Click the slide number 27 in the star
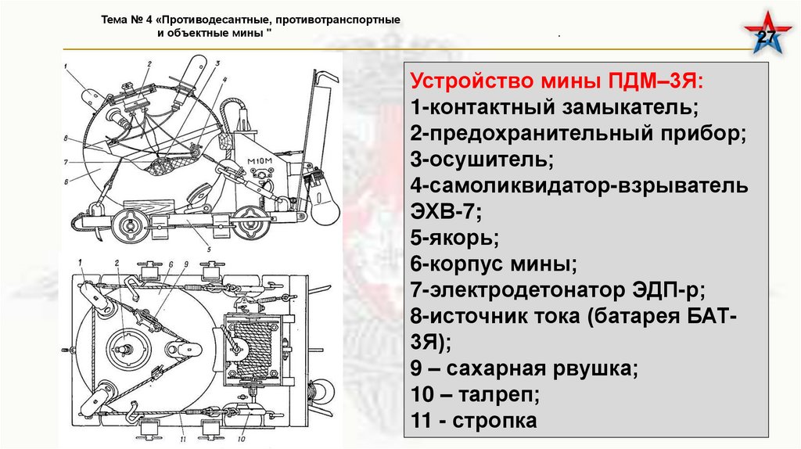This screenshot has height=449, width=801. (766, 37)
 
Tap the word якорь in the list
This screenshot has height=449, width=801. (463, 238)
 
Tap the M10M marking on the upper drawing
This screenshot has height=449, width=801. (260, 162)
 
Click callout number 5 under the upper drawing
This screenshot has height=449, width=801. (209, 250)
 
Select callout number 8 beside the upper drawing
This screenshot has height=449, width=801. (66, 138)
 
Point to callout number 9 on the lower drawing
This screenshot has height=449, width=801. (186, 264)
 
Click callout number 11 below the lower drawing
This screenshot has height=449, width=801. (183, 439)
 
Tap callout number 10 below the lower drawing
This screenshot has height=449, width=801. (241, 439)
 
